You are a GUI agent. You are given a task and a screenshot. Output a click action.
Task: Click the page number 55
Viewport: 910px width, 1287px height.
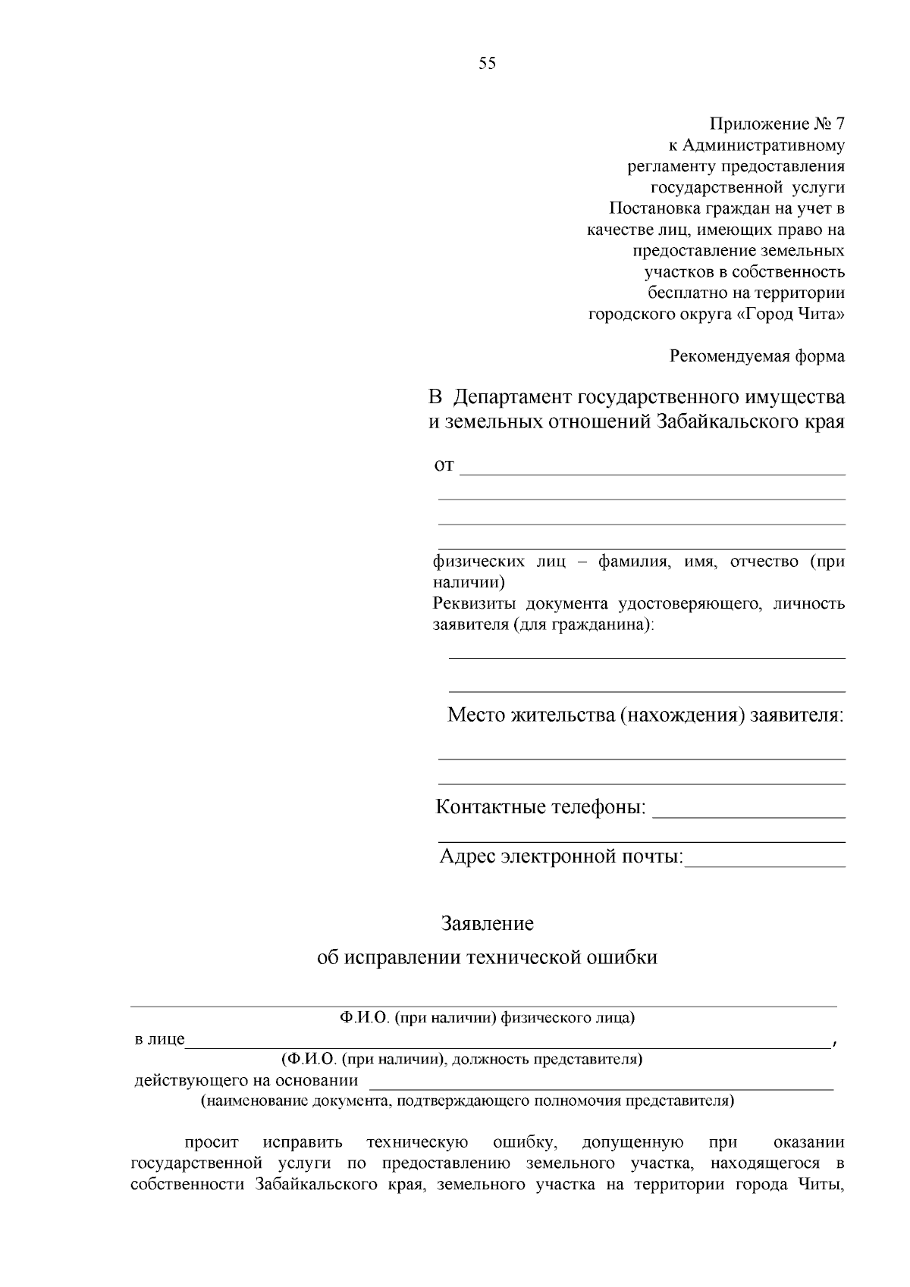pyautogui.click(x=487, y=64)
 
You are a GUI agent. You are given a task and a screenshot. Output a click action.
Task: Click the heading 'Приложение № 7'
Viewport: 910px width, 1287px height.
pyautogui.click(x=777, y=124)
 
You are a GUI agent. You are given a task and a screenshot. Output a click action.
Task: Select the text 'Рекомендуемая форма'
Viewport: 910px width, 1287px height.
pyautogui.click(x=757, y=355)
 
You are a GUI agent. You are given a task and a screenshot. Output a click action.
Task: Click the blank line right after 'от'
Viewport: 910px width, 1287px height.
pyautogui.click(x=652, y=470)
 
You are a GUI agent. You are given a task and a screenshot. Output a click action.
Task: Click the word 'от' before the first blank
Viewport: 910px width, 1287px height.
pyautogui.click(x=444, y=465)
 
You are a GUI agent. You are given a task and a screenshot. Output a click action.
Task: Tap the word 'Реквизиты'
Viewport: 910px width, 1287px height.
pyautogui.click(x=475, y=604)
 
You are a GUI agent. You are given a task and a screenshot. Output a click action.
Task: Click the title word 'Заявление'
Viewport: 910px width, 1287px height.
pyautogui.click(x=488, y=924)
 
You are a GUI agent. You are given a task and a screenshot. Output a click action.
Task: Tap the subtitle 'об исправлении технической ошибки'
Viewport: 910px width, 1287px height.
pyautogui.click(x=487, y=957)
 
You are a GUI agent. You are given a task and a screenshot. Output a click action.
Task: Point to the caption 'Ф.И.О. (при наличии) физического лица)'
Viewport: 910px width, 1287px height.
pyautogui.click(x=487, y=1018)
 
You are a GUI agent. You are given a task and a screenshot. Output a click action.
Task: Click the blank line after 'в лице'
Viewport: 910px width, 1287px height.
pyautogui.click(x=508, y=1041)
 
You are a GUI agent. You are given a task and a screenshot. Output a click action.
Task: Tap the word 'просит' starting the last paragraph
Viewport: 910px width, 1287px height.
pyautogui.click(x=211, y=1142)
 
